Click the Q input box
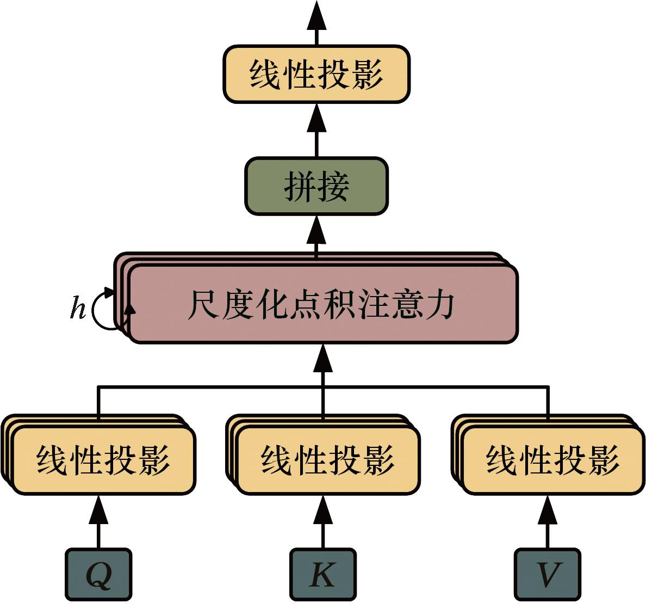coord(98,574)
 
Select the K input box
coord(322,574)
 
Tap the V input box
coord(547,574)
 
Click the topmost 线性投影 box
coord(316,74)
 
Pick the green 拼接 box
coord(316,186)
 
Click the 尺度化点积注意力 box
coord(322,304)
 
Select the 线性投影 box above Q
coord(103,460)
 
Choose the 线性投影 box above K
coord(328,460)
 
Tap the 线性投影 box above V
coord(552,460)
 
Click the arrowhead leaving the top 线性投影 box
coord(316,16)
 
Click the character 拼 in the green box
coord(300,187)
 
